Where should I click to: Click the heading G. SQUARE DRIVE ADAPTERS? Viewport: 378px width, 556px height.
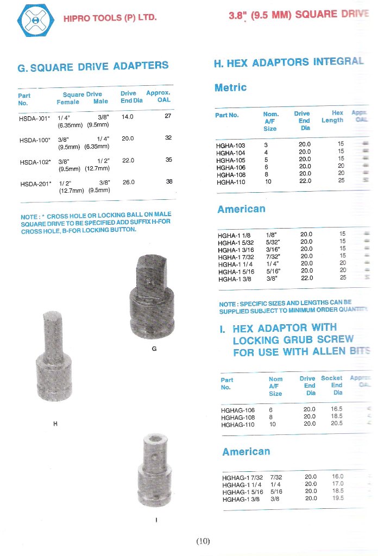[93, 67]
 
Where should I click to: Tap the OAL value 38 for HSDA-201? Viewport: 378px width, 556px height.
[169, 181]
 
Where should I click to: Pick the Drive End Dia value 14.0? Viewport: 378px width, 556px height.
[128, 117]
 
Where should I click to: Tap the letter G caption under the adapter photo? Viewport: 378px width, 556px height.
[154, 349]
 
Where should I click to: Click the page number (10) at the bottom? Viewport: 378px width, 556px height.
[203, 541]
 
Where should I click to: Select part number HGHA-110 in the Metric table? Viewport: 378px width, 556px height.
[231, 182]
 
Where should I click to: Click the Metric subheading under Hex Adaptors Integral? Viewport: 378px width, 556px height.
[230, 87]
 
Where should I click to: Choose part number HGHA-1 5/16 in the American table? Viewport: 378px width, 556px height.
[235, 272]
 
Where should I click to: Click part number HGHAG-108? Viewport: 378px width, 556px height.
[238, 417]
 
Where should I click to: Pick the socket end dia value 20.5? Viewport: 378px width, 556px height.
[337, 424]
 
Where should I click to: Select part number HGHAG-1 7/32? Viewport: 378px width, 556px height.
[241, 477]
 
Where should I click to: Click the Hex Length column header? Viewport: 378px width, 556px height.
[332, 117]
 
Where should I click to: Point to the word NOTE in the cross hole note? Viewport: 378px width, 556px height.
[28, 217]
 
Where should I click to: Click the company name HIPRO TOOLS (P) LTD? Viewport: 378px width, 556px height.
[110, 18]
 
